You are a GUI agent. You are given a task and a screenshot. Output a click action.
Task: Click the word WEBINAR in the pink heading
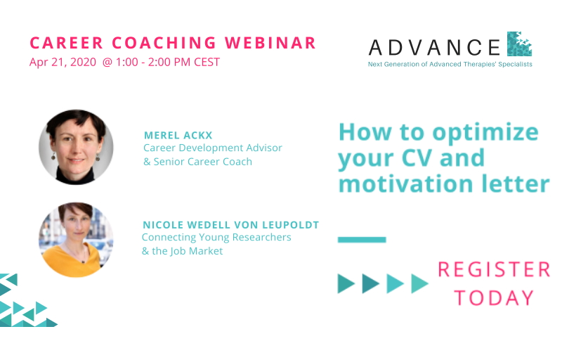tap(270, 43)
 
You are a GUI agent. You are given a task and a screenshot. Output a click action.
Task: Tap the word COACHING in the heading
tap(164, 43)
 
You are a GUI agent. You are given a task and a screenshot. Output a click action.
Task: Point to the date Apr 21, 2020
tap(63, 62)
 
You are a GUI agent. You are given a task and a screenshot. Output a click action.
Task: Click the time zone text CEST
tap(207, 62)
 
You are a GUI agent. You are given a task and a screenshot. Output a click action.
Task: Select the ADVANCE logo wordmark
tap(434, 47)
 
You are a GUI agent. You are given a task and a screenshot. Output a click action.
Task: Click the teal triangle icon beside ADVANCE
tap(519, 44)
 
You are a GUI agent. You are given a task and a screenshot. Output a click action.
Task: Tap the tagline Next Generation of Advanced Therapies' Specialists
tap(450, 64)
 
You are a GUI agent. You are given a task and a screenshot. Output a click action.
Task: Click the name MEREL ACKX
tap(178, 135)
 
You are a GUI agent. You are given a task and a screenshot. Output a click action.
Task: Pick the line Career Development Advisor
tap(213, 148)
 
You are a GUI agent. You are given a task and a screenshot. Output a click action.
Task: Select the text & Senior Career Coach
tap(197, 162)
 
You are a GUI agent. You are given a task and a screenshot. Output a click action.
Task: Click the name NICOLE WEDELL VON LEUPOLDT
tap(231, 225)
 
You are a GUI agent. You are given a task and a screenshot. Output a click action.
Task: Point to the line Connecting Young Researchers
tap(216, 237)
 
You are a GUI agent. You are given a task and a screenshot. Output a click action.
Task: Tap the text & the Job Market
tap(183, 251)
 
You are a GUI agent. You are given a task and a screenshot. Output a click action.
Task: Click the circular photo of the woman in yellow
tap(76, 240)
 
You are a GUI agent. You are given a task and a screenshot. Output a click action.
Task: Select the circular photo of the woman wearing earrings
tap(76, 147)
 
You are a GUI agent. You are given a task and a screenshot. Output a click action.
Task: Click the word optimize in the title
tap(485, 134)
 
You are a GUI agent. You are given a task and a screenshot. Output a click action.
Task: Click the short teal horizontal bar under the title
tap(362, 240)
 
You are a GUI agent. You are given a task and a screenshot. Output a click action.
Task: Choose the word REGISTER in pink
tap(494, 269)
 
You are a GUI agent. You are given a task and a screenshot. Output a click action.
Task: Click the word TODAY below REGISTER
tap(495, 298)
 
